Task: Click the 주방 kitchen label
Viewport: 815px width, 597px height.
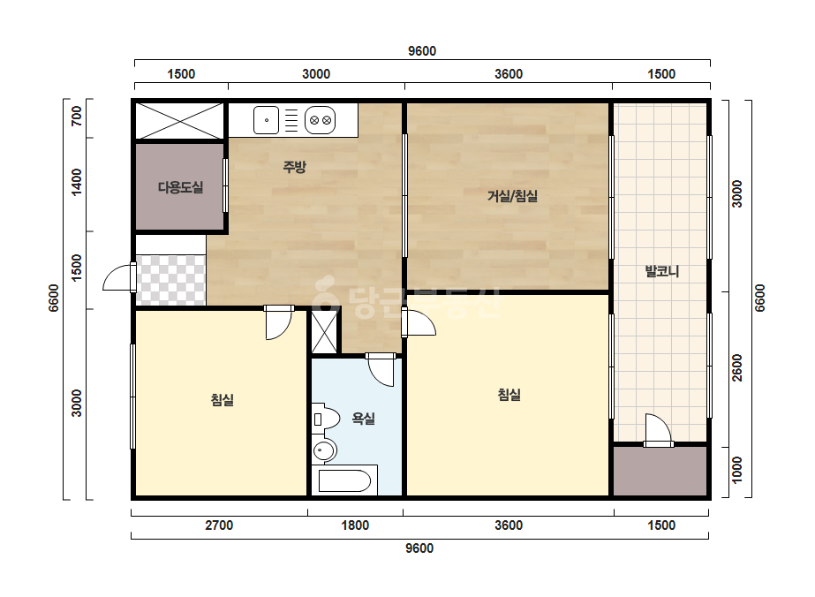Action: click(294, 167)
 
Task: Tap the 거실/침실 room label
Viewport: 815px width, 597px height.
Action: click(512, 196)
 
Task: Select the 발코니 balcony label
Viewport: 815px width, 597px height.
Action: click(661, 271)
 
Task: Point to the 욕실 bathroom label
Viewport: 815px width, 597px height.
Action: click(363, 418)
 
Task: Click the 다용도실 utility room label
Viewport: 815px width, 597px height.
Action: click(180, 187)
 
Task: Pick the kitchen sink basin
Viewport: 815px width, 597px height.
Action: click(266, 120)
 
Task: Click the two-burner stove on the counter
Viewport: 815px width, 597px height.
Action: click(321, 120)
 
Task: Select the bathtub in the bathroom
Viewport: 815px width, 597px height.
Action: click(344, 480)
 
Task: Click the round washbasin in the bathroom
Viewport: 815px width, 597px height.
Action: click(324, 450)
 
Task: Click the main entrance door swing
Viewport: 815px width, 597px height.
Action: click(119, 276)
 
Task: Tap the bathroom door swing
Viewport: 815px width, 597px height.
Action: click(381, 370)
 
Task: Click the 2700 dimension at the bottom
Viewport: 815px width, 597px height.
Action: click(219, 525)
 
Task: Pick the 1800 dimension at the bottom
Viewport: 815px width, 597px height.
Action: click(355, 525)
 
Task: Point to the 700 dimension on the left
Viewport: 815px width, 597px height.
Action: click(77, 116)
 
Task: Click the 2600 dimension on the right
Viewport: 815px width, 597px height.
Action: click(737, 367)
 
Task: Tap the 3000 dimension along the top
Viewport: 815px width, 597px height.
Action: click(316, 74)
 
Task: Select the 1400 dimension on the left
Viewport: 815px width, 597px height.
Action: click(77, 182)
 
